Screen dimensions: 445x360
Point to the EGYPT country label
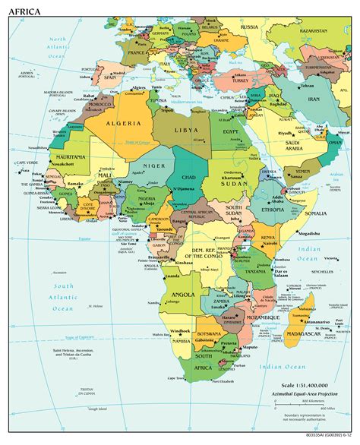click(236, 133)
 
